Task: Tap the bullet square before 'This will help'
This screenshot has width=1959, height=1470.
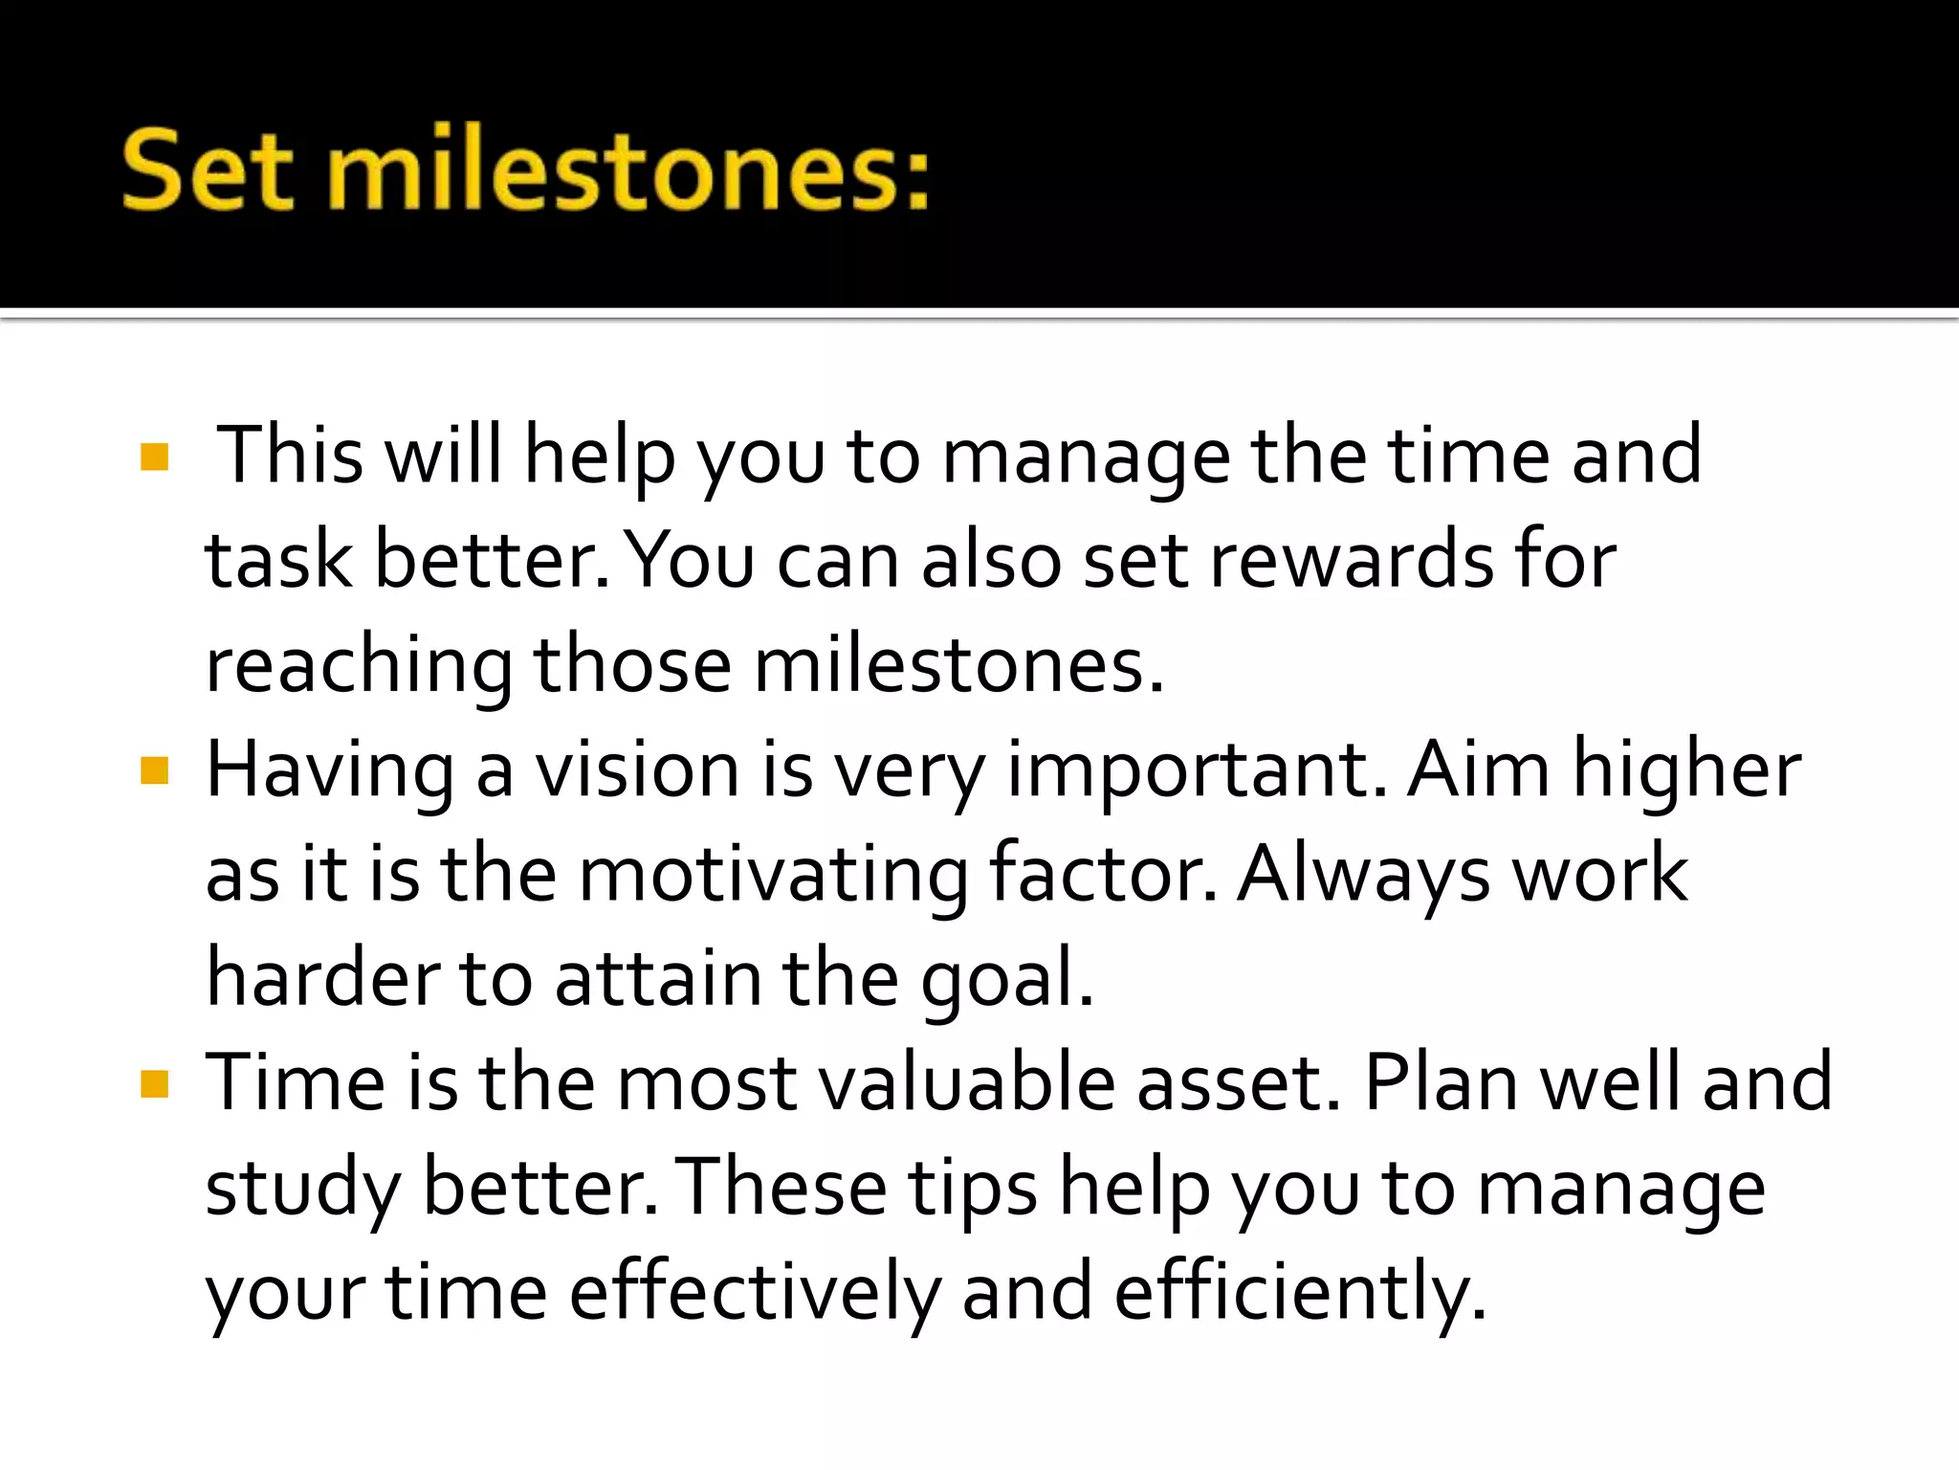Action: [x=154, y=457]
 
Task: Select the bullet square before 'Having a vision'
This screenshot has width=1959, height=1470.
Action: [x=154, y=770]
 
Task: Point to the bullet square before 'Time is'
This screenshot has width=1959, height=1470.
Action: [x=154, y=1084]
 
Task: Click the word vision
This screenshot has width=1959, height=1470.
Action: [x=636, y=770]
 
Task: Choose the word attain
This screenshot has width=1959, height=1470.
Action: [x=658, y=979]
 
